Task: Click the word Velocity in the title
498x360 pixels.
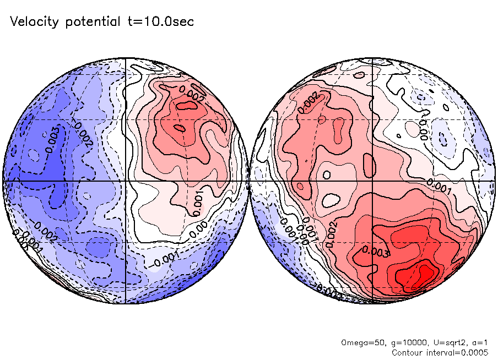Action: (x=34, y=22)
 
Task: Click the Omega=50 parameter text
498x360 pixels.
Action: (x=359, y=342)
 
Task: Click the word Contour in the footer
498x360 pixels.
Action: (x=408, y=352)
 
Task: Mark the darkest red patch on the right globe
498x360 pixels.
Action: (x=425, y=272)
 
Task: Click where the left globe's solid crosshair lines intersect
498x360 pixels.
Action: (x=126, y=181)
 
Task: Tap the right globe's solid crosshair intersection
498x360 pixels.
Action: (x=372, y=181)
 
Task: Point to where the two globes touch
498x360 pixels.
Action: (x=249, y=181)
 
